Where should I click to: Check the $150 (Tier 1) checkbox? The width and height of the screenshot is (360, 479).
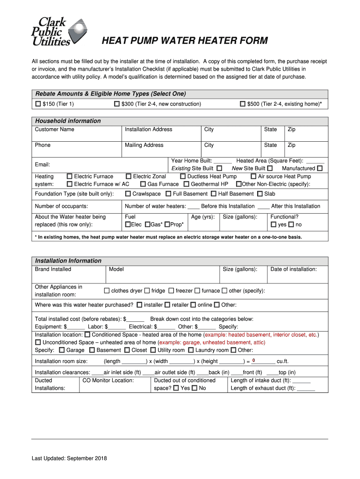(38, 104)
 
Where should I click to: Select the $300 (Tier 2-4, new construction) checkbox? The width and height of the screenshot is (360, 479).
(117, 104)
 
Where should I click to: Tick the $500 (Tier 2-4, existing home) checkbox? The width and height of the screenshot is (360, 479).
(243, 104)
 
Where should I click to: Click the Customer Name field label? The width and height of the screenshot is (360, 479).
(54, 130)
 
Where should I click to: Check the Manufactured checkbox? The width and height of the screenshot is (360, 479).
(320, 168)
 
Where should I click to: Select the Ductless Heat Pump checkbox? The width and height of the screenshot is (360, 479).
(183, 176)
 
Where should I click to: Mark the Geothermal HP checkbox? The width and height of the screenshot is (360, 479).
(187, 184)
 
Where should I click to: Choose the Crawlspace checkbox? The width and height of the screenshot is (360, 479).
(128, 194)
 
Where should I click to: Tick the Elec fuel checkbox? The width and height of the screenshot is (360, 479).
(128, 225)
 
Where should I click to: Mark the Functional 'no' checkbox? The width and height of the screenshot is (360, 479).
(291, 225)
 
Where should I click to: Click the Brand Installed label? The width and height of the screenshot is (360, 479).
(53, 269)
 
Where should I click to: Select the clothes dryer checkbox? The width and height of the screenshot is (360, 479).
(107, 291)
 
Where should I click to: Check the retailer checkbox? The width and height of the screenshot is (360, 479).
(167, 305)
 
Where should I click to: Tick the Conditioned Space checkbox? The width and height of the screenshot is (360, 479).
(87, 335)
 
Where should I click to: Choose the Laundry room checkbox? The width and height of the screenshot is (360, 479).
(191, 350)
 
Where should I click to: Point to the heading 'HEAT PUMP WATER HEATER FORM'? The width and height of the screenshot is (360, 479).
(185, 41)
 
